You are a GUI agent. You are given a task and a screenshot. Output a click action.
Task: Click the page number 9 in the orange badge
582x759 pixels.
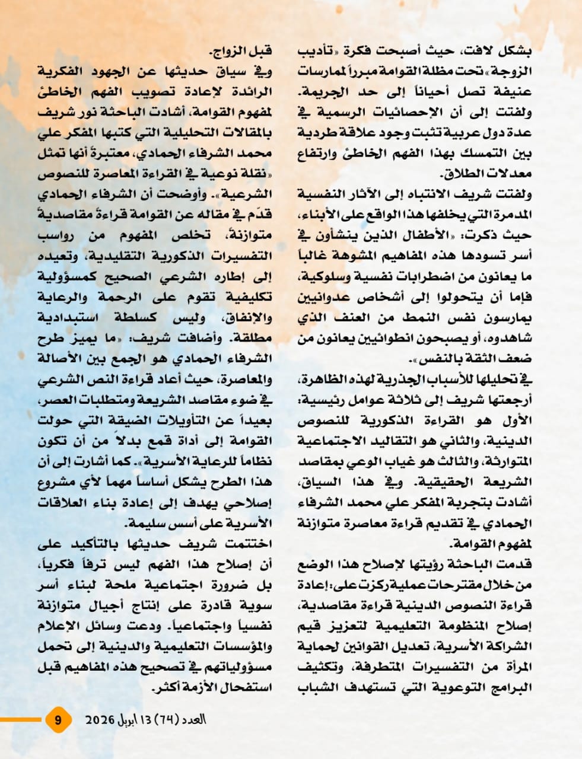tap(58, 720)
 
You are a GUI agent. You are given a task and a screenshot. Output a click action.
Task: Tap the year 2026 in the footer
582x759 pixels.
tap(99, 720)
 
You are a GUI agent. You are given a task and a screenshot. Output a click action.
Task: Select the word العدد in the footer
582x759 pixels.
tap(193, 720)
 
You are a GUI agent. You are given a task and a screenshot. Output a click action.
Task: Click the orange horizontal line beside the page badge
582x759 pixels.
tap(21, 720)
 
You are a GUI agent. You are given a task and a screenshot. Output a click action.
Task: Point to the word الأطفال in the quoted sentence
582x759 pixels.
tap(443, 236)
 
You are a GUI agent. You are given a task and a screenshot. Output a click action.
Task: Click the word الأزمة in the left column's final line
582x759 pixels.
tap(196, 687)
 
